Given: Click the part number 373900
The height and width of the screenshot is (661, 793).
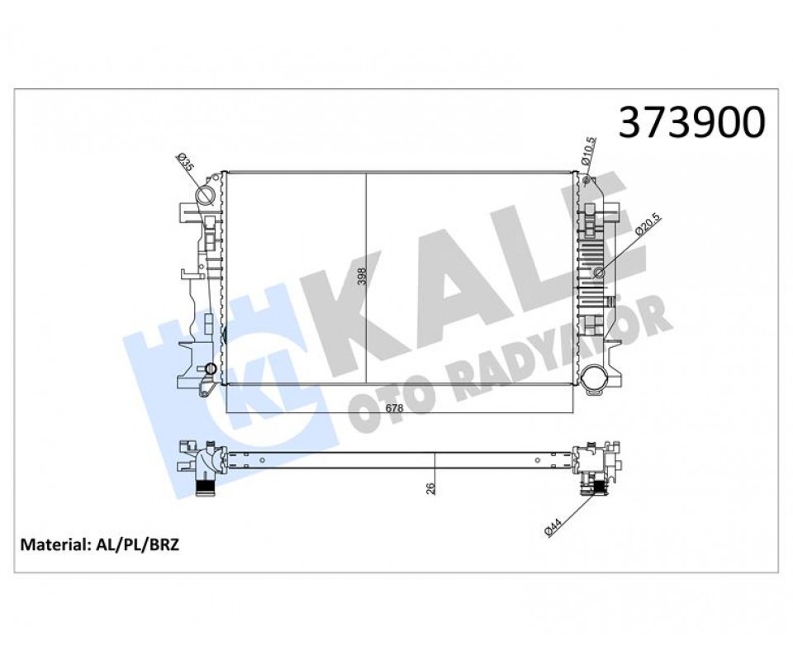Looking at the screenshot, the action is click(x=692, y=122).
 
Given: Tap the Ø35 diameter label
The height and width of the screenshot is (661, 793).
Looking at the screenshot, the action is click(x=185, y=162).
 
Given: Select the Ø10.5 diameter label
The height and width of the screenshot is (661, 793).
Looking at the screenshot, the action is click(x=590, y=150).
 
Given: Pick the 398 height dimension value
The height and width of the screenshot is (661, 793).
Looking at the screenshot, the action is click(x=361, y=276).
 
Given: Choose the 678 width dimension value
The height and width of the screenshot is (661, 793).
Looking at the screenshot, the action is click(x=394, y=407).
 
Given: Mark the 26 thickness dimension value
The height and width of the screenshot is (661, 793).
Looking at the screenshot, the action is click(x=430, y=487).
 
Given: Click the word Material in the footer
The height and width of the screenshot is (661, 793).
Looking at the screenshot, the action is click(x=54, y=544).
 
